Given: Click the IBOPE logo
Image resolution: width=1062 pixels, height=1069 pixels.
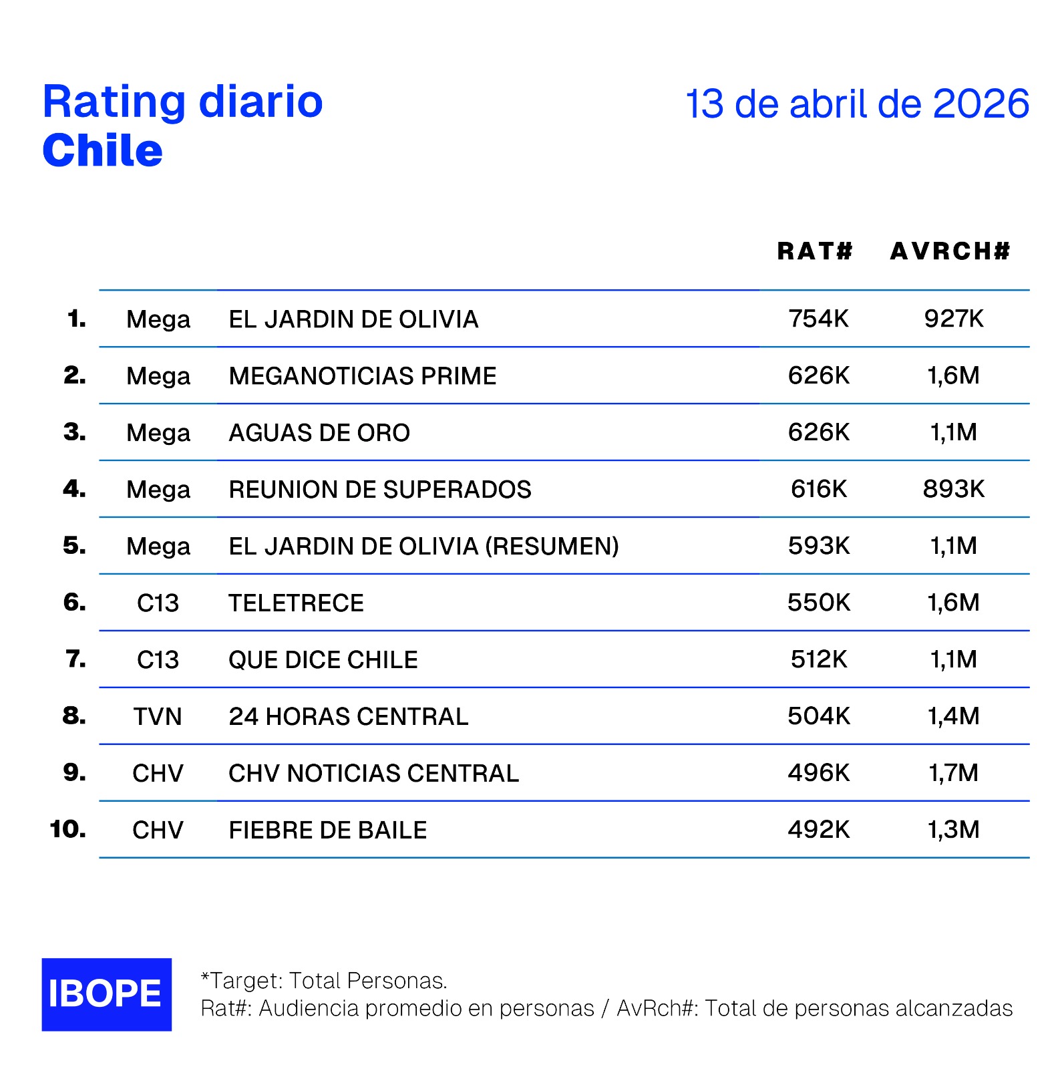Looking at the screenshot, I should (x=106, y=994).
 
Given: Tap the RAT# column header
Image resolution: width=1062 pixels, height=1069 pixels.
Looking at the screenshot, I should (x=815, y=251).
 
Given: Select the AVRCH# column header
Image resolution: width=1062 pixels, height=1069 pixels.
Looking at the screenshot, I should (x=950, y=251).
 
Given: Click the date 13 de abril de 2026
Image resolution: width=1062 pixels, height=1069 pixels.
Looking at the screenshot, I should (x=857, y=104).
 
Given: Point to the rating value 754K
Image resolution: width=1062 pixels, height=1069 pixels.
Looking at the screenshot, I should (x=818, y=319).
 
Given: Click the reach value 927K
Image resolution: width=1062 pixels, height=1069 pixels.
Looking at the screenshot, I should (x=954, y=319).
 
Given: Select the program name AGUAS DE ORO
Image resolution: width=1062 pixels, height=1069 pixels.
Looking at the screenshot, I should (x=319, y=433).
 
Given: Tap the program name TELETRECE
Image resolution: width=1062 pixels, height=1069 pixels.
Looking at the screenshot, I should (x=296, y=603).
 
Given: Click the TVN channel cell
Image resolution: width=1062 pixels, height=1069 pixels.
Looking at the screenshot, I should (x=158, y=717).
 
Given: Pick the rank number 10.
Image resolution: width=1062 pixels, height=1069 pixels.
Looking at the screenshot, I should (x=67, y=830).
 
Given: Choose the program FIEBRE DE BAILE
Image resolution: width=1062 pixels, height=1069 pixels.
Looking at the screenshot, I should (x=327, y=830).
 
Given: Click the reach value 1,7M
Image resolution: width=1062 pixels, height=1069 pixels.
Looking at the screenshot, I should (x=953, y=773).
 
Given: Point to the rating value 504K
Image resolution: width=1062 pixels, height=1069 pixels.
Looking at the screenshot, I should (x=818, y=716).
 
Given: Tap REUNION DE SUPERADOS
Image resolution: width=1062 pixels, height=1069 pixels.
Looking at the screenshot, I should (x=379, y=490).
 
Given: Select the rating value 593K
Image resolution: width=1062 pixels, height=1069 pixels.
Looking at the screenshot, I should (x=818, y=546).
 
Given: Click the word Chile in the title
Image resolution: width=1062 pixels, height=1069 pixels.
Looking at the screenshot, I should (x=102, y=151).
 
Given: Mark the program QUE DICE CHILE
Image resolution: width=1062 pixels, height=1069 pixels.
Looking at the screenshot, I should (x=323, y=660).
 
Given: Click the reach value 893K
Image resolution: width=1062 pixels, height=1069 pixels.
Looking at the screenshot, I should (x=953, y=489).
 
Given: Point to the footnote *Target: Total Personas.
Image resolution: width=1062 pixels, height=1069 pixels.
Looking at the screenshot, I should (x=324, y=981).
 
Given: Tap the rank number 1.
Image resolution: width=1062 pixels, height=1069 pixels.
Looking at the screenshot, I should (x=77, y=319).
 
